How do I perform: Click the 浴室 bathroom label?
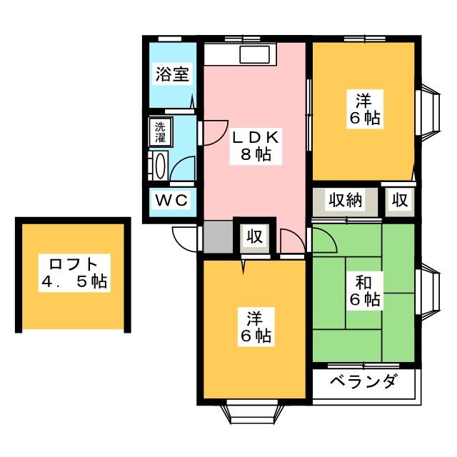tap(172, 74)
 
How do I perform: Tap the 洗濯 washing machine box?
tap(160, 131)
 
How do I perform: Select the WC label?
tap(171, 200)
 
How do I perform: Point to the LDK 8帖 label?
tap(256, 146)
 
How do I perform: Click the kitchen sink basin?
tap(255, 54)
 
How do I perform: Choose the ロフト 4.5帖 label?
tap(74, 273)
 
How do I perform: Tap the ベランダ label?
tap(363, 381)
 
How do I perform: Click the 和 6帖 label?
tap(365, 291)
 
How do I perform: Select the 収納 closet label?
tap(345, 200)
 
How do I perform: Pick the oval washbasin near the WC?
tap(160, 166)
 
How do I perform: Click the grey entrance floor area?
tap(218, 237)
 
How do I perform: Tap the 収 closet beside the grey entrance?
tap(255, 236)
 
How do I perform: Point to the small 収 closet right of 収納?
tap(399, 200)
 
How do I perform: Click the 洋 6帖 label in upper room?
tap(365, 109)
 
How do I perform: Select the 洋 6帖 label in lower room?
tap(256, 326)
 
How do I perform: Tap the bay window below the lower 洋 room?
tap(252, 414)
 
